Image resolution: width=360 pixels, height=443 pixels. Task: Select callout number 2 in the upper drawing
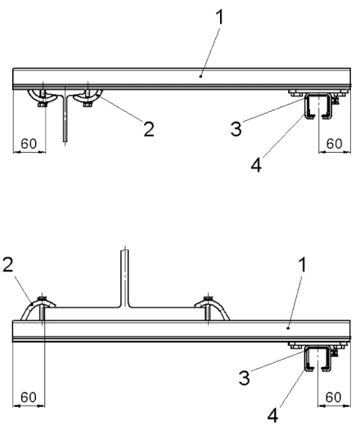148,128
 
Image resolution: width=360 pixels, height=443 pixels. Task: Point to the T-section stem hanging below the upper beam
64,123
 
